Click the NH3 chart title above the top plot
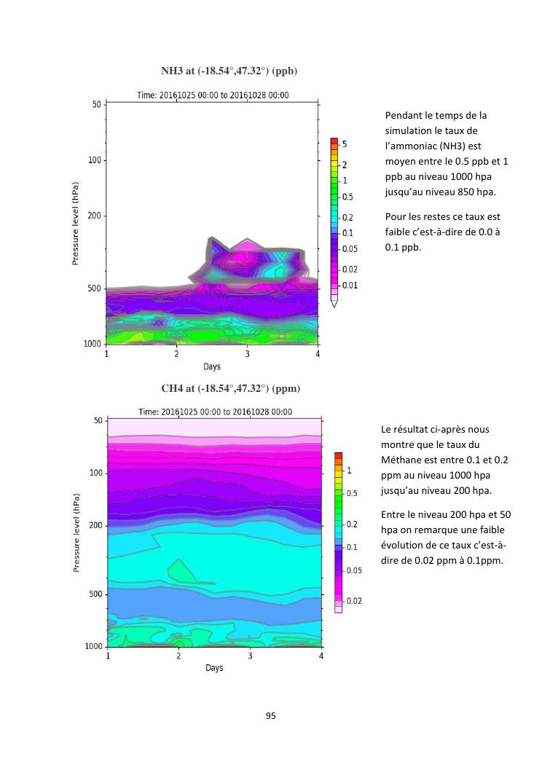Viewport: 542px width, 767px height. (229, 71)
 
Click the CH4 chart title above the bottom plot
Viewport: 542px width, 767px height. (230, 388)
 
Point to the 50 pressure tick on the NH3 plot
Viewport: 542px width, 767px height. (96, 104)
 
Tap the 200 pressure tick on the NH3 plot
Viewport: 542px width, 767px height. (94, 216)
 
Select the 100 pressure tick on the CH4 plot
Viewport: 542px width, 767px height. (96, 473)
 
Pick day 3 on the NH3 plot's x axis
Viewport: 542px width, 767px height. (247, 354)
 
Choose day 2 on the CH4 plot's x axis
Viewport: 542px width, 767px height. (178, 656)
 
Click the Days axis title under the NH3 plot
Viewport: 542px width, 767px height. (212, 366)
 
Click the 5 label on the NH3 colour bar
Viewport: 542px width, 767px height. (344, 144)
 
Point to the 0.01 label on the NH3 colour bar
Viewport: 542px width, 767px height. (350, 285)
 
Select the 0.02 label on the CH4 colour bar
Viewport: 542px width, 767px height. (353, 601)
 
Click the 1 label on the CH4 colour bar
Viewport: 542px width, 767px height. (348, 471)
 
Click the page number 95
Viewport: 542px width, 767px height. (270, 716)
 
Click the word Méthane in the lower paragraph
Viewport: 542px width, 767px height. (401, 460)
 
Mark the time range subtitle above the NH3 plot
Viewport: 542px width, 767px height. (213, 95)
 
